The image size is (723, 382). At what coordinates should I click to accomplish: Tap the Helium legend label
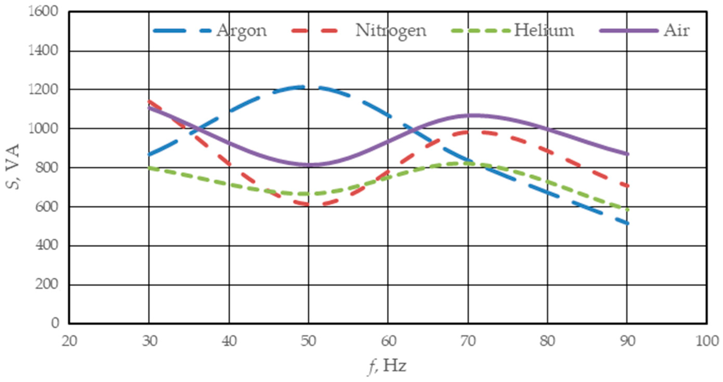(x=544, y=30)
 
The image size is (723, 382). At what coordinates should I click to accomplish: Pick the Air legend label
(x=676, y=30)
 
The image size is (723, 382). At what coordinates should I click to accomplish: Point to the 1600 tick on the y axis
(x=43, y=12)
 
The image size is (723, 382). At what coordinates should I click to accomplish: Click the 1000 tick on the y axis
(x=43, y=129)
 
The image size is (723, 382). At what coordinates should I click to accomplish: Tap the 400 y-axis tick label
(x=47, y=246)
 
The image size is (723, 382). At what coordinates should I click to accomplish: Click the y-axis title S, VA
(x=13, y=167)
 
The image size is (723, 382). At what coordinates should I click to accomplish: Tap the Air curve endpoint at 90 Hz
(x=627, y=154)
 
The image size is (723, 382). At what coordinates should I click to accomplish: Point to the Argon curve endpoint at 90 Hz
(x=627, y=224)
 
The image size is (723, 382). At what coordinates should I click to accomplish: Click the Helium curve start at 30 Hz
(x=149, y=168)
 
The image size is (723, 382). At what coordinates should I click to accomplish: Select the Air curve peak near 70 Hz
(x=474, y=115)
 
